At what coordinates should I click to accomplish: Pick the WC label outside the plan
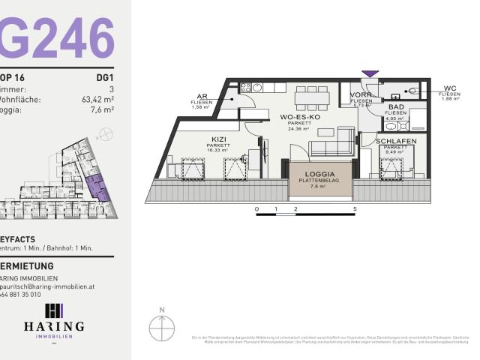[x=450, y=88]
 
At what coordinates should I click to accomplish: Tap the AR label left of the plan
[x=202, y=97]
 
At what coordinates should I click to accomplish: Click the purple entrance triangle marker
[x=370, y=73]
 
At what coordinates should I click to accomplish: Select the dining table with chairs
[x=312, y=97]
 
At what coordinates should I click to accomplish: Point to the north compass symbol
[x=161, y=327]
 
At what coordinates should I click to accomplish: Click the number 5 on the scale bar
[x=354, y=208]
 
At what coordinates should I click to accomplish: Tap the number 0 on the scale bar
[x=256, y=208]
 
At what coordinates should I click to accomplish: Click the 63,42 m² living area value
[x=97, y=98]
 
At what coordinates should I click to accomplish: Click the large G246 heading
[x=57, y=37]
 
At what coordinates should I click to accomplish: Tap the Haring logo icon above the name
[x=54, y=311]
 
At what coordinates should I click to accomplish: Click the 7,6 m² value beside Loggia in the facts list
[x=103, y=109]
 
